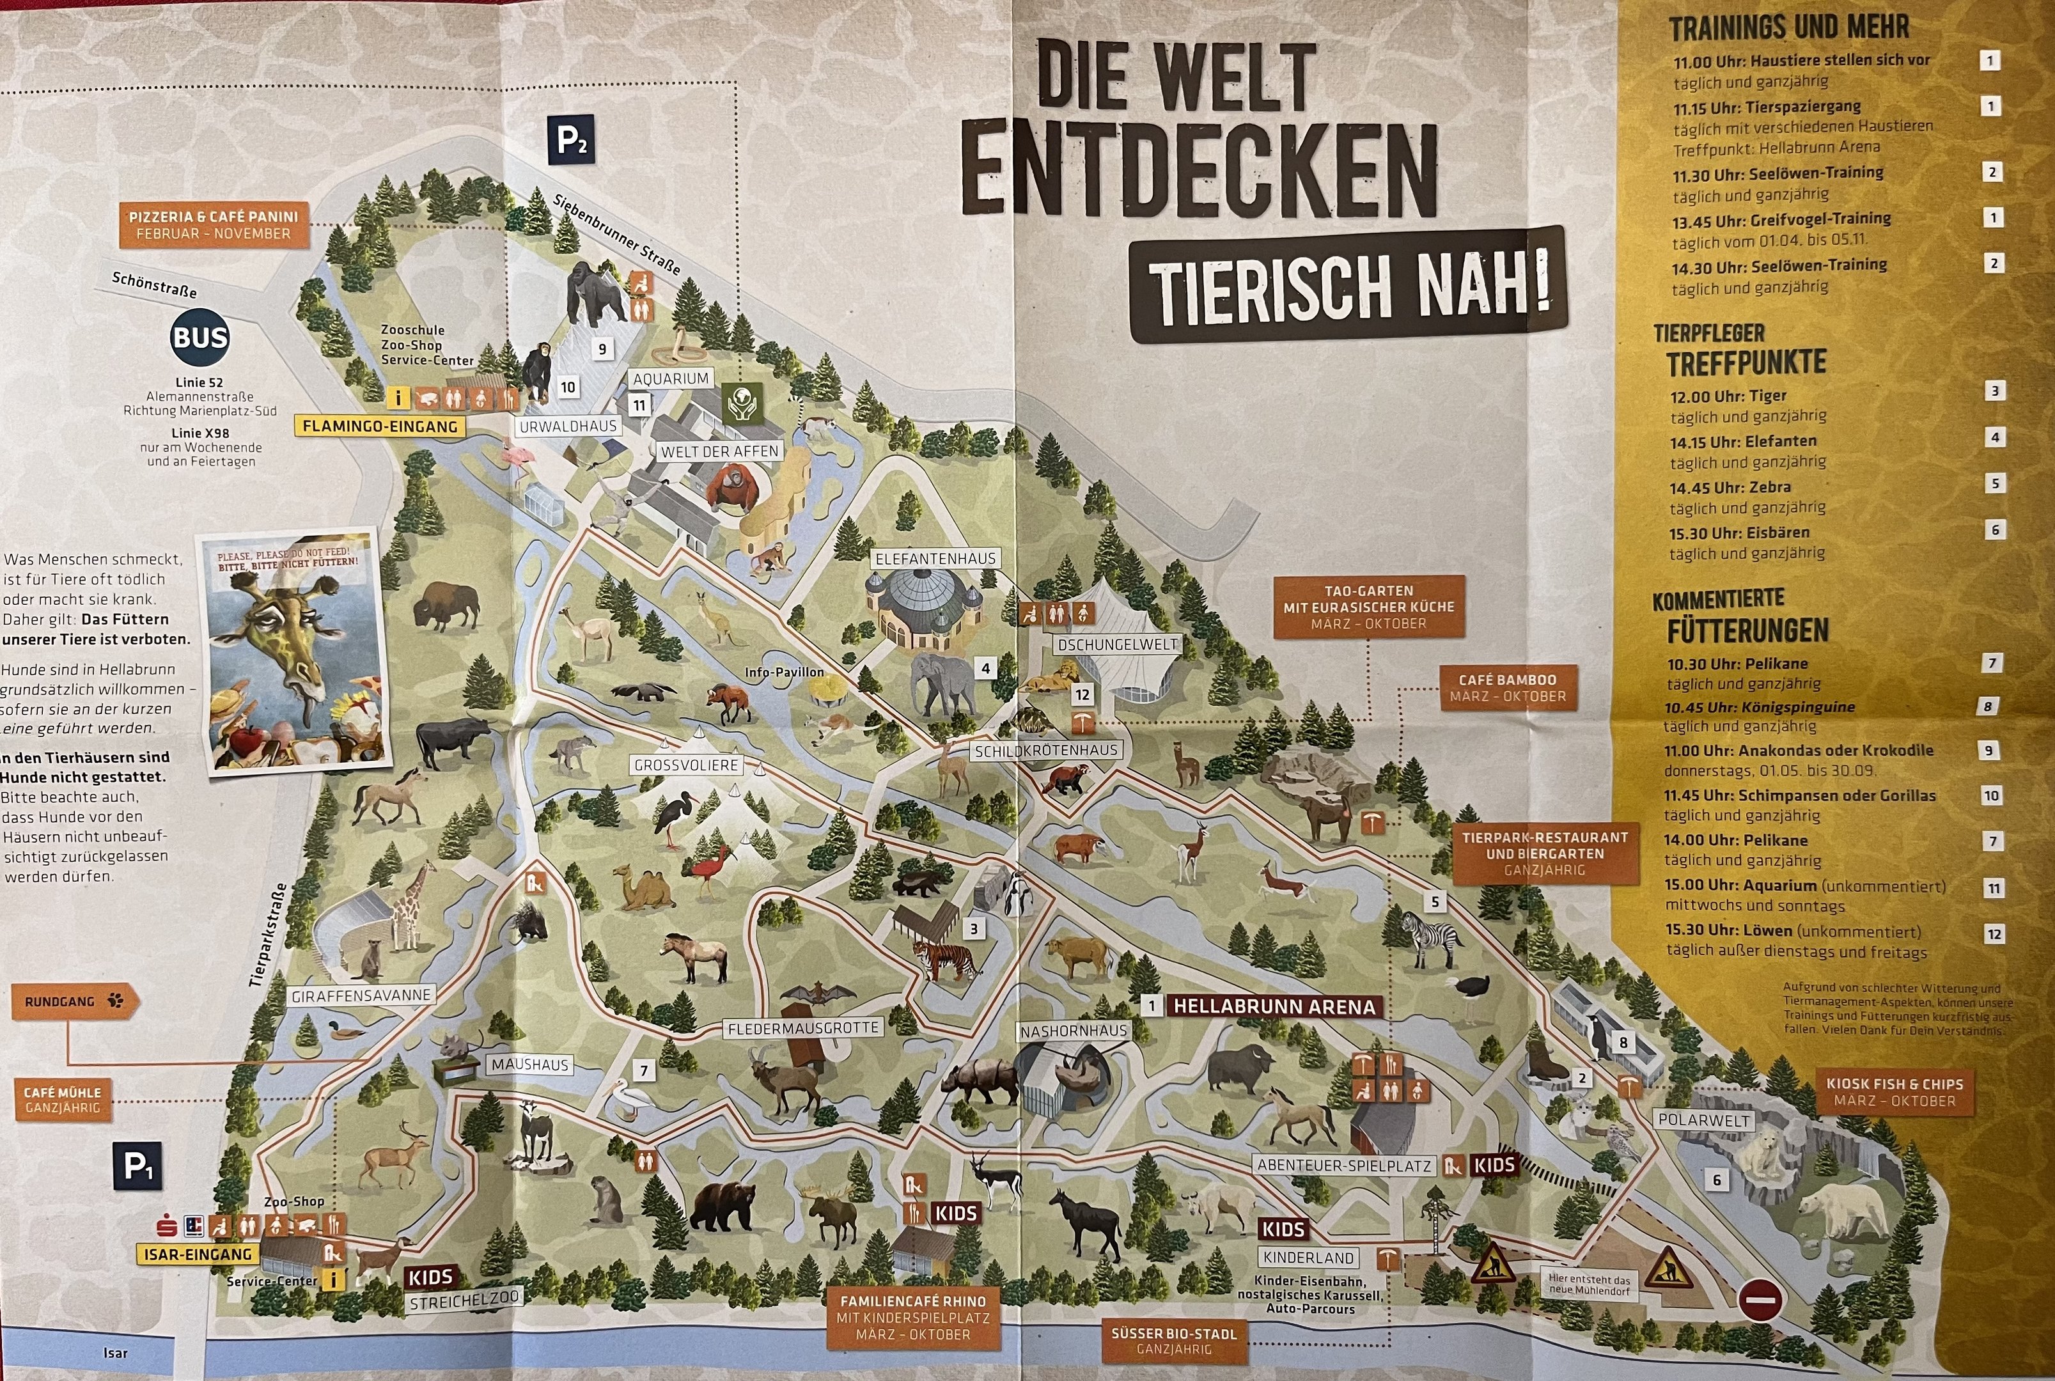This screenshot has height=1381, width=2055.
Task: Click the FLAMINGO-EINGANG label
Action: coord(380,426)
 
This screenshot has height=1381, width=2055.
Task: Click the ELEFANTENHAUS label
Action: coord(935,558)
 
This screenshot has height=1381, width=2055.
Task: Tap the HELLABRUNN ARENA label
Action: coord(1274,1007)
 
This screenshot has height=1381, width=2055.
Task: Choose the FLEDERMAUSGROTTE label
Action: coord(802,1028)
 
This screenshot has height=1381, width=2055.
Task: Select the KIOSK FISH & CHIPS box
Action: coord(1894,1092)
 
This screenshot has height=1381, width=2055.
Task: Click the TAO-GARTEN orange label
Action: coord(1368,607)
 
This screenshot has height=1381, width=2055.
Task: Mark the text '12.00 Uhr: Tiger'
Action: coord(1728,396)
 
